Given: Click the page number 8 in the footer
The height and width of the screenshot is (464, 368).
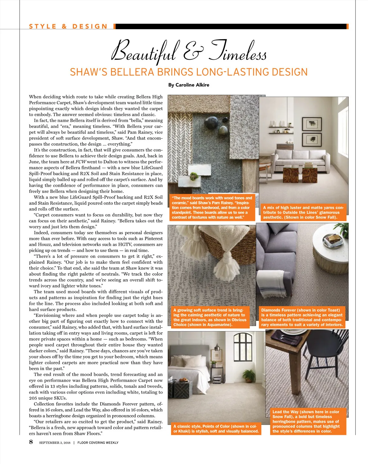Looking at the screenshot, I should (x=31, y=442).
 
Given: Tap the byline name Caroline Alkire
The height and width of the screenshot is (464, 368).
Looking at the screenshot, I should (x=192, y=85).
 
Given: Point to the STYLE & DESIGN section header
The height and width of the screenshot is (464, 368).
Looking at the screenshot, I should (x=68, y=26).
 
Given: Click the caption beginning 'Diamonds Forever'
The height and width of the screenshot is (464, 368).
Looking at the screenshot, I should (x=302, y=317).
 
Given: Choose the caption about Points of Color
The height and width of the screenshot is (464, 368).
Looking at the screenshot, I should (x=216, y=429).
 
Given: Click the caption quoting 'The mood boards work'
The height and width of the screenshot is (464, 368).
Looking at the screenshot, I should (x=212, y=208).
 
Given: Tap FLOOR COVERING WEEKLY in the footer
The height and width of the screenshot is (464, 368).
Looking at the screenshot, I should (x=98, y=443).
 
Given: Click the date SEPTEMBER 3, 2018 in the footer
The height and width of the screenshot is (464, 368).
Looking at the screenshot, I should (x=55, y=443).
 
